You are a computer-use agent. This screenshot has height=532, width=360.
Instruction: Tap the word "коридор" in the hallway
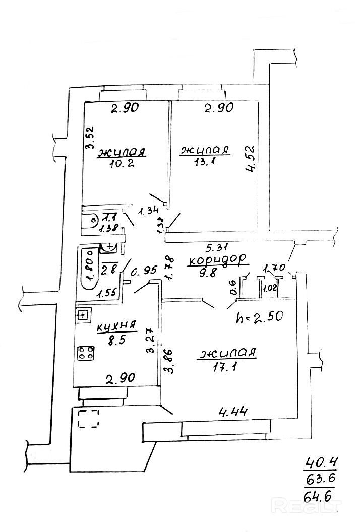[x=218, y=259]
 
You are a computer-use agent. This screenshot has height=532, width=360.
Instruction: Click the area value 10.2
[x=122, y=164]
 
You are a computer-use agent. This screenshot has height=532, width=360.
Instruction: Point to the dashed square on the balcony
[x=88, y=418]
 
